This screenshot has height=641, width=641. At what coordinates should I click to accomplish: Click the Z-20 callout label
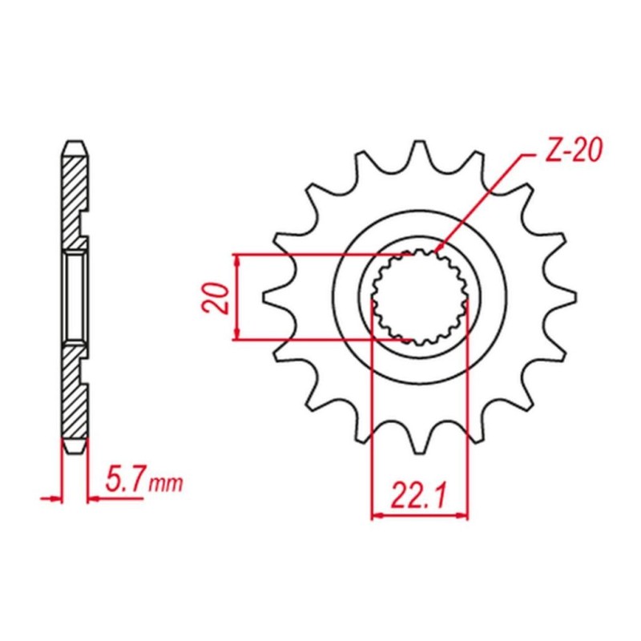point(574,151)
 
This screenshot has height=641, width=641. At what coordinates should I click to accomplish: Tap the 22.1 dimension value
point(418,495)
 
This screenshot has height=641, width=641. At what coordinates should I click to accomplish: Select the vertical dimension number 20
point(215,298)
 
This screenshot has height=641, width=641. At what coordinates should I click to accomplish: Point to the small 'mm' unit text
point(165,484)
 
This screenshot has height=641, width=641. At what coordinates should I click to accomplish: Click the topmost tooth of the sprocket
point(419,152)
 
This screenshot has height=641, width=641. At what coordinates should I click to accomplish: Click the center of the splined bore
point(419,296)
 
